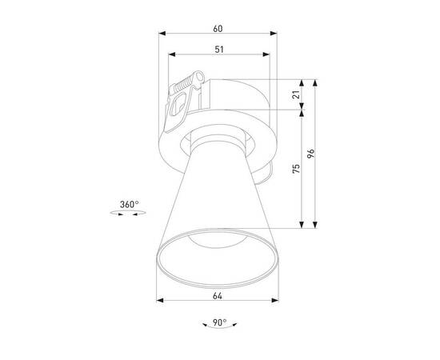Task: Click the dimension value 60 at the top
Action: pos(218,28)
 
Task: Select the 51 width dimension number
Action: pos(218,50)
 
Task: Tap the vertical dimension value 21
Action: pos(296,95)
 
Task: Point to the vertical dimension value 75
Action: pos(296,169)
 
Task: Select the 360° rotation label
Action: pos(130,205)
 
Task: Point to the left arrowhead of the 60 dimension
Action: pos(163,34)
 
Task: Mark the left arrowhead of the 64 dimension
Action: pos(160,302)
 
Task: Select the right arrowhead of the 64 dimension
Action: pos(275,302)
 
